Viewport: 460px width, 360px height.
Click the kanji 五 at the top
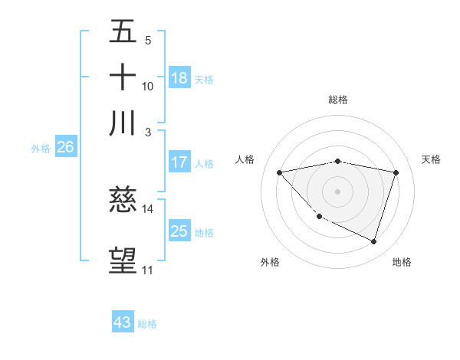(x=123, y=32)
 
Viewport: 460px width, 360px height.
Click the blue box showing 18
(x=179, y=78)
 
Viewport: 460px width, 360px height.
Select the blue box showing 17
(x=179, y=162)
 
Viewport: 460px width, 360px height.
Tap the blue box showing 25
(x=179, y=231)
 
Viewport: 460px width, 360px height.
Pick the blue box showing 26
(x=65, y=148)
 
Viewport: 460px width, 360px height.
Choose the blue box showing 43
(x=123, y=322)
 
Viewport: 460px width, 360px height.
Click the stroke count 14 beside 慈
(x=148, y=208)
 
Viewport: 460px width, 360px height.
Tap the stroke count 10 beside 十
(x=148, y=86)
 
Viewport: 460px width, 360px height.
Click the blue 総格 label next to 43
(x=147, y=324)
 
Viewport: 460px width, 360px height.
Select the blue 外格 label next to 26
(x=40, y=149)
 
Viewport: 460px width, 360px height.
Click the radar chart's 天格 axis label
(x=432, y=159)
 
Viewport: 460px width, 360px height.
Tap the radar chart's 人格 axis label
(x=246, y=159)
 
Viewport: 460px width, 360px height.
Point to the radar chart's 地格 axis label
(x=402, y=262)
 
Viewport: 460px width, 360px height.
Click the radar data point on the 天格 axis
(x=396, y=172)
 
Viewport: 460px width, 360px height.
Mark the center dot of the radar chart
(x=337, y=191)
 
